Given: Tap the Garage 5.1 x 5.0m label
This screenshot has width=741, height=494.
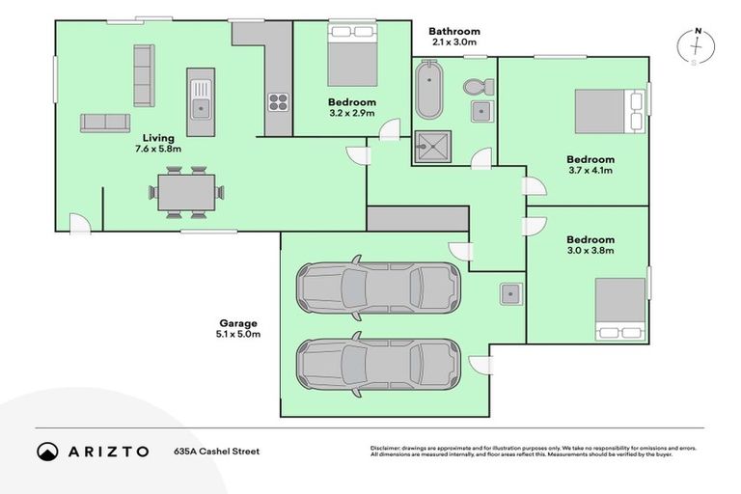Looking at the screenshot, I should [239, 327].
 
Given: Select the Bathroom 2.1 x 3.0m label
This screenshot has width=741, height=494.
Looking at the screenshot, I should [455, 37].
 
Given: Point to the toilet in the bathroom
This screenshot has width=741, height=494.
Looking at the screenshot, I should [476, 88].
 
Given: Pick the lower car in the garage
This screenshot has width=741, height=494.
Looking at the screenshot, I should [376, 363].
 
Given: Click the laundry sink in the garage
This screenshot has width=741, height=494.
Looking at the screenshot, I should [510, 292].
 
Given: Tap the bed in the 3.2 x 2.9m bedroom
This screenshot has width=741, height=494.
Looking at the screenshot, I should [351, 56].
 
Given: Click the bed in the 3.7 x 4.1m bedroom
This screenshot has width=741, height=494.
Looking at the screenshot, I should [609, 111].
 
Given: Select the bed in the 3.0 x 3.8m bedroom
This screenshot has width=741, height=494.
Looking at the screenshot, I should [619, 309].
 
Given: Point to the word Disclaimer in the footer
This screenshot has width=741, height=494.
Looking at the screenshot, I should [388, 448].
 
